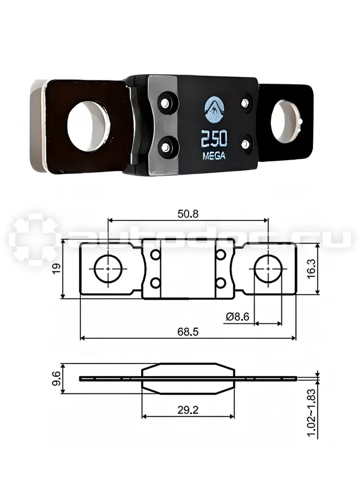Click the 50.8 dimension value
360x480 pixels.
188,214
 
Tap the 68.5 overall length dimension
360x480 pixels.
188,331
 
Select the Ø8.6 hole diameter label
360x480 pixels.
238,316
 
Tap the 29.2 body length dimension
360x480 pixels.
188,410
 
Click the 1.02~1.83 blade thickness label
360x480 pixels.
311,412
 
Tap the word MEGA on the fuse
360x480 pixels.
214,156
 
